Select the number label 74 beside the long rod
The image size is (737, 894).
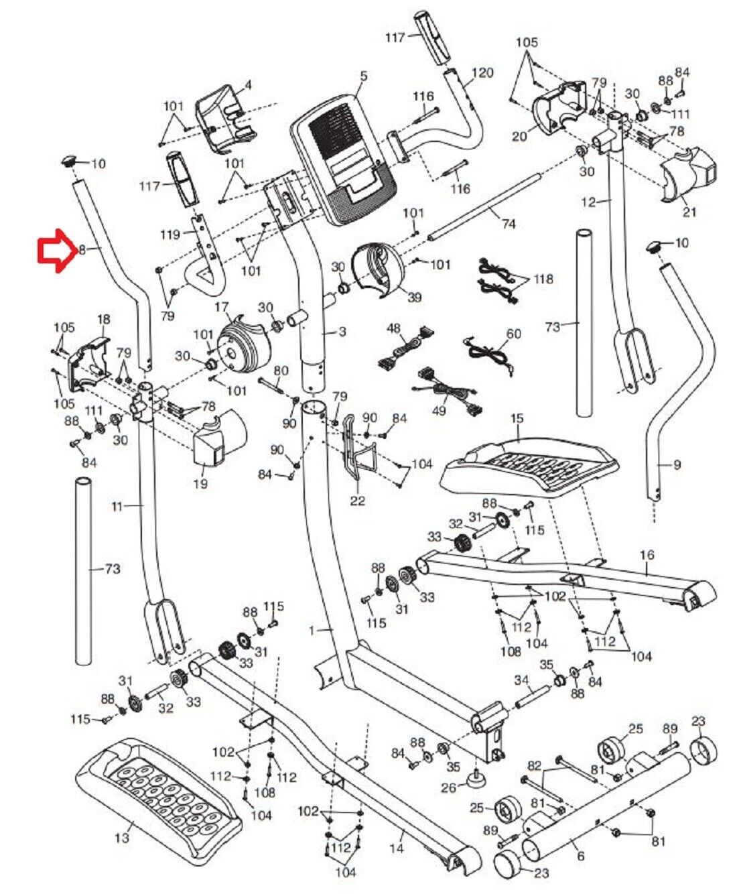(x=509, y=223)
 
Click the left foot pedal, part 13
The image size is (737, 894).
(x=157, y=801)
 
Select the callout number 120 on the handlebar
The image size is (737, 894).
(x=482, y=72)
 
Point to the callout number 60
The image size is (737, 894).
(x=514, y=334)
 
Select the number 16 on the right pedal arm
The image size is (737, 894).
(x=647, y=554)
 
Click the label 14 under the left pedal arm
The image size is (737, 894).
(x=397, y=848)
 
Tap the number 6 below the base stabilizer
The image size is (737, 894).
(x=580, y=856)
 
